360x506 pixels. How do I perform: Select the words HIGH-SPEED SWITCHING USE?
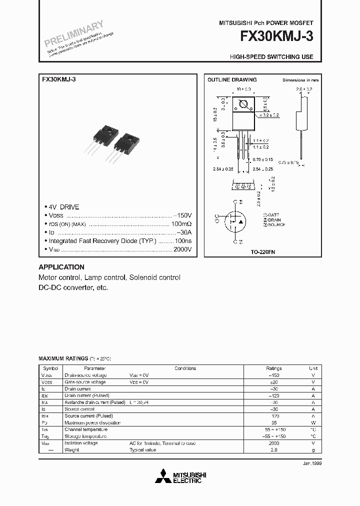click(271, 56)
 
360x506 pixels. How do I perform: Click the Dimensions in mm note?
click(300, 80)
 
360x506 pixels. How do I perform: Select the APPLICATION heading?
click(61, 267)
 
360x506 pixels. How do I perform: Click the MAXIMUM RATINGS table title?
click(63, 359)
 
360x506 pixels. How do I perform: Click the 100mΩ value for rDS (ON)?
click(181, 224)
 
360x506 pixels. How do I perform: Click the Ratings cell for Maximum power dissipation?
click(273, 422)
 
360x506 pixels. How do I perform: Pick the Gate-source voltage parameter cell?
click(85, 382)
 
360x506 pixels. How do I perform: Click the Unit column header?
click(313, 368)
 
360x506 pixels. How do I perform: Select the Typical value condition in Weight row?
click(144, 450)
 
